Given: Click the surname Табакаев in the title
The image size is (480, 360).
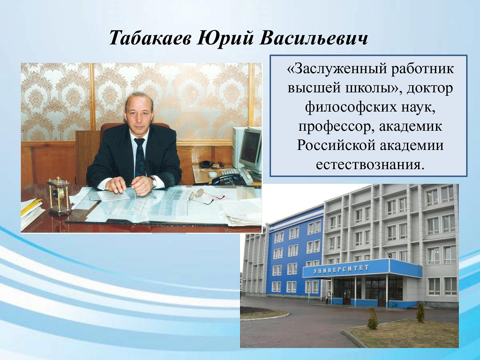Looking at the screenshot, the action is [151, 38].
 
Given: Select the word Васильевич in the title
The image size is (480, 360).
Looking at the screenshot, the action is [314, 38].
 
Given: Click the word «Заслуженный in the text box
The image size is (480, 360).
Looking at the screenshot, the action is [337, 69].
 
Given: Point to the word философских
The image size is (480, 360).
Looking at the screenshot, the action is [349, 108].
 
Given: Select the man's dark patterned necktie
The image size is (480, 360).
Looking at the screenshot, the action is [140, 157].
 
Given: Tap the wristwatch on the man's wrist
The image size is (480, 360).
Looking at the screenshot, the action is [153, 182].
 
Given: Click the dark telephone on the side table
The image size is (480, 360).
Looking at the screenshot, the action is [229, 180].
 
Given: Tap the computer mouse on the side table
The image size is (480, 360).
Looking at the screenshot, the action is [212, 174].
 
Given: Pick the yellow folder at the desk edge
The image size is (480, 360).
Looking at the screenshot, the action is [30, 206].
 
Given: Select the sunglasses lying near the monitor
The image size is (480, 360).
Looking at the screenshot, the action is [212, 165].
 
